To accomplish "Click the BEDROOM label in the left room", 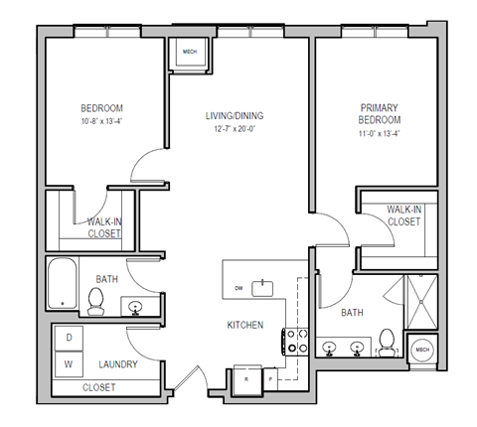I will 100,109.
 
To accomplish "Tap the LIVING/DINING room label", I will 236,116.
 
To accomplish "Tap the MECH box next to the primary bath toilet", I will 421,350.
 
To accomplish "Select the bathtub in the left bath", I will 63,282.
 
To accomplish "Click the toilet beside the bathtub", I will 96,301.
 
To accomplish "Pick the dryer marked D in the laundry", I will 70,338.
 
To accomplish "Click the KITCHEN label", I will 244,325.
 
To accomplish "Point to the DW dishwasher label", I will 238,288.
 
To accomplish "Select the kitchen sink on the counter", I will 264,288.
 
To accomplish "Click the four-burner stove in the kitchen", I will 295,342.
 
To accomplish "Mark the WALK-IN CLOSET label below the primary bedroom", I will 402,215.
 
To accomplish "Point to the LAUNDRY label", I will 116,364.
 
